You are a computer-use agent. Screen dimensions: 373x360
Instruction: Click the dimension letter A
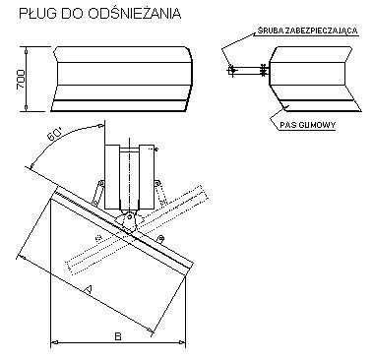[x=89, y=287]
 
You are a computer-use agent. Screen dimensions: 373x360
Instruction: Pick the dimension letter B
[x=116, y=336]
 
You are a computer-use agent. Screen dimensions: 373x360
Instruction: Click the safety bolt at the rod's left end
[x=230, y=70]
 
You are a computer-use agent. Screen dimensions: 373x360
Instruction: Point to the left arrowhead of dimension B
[x=53, y=342]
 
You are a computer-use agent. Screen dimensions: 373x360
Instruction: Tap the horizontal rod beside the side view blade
[x=246, y=70]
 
